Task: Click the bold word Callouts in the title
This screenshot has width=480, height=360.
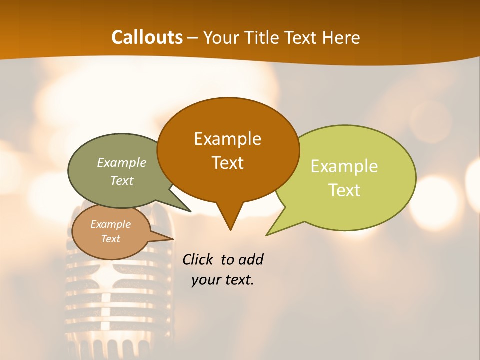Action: (147, 37)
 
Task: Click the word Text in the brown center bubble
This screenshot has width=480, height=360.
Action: (227, 162)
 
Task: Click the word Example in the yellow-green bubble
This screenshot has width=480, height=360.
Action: (344, 166)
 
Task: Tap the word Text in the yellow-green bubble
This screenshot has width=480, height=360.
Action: (344, 190)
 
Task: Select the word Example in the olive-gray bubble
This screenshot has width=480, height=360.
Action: (122, 162)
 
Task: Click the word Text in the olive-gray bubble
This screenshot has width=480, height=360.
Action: (122, 180)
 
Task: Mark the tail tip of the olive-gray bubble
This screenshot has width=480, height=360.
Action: (190, 211)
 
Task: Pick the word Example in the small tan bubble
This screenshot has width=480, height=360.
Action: (110, 224)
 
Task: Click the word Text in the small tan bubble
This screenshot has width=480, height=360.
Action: (110, 239)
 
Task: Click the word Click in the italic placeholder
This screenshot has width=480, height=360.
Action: (199, 259)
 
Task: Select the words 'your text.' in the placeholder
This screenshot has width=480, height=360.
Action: (223, 280)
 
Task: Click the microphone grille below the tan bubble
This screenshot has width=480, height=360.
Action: (107, 300)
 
